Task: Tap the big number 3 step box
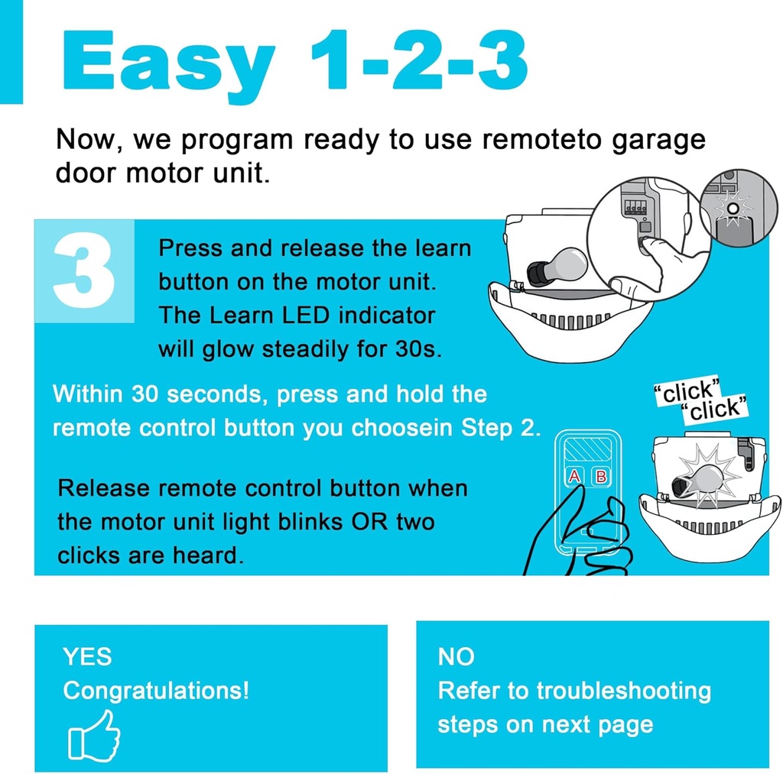tap(84, 272)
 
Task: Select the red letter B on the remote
tap(601, 477)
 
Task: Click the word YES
tap(87, 656)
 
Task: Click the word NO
tap(456, 656)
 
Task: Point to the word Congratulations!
tap(156, 691)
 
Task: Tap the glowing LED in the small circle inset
tap(733, 208)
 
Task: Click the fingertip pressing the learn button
tap(651, 245)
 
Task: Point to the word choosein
tap(399, 428)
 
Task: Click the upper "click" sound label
tap(687, 392)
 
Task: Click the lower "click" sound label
tap(714, 410)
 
